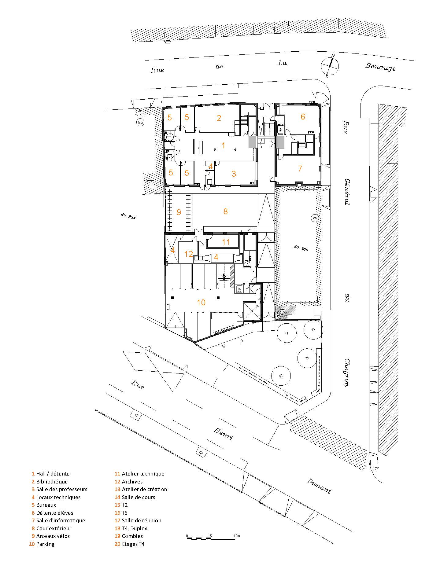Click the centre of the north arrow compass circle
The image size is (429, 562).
point(330,66)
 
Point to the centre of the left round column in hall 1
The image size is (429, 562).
point(215,149)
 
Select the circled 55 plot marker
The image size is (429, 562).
point(140,123)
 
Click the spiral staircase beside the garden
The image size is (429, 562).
point(282,314)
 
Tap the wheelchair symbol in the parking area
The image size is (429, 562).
point(224,276)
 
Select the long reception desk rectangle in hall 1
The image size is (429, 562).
point(201,147)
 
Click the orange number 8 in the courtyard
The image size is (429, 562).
point(225,211)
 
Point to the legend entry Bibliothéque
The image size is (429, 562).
point(52,482)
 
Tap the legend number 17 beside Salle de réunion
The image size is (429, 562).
point(117,520)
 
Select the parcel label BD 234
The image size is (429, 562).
point(128,216)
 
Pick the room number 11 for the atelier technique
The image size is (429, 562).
point(226,242)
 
